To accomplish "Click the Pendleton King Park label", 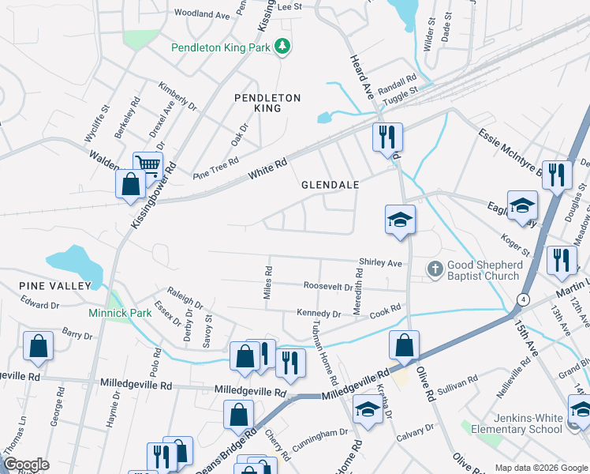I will coord(221,47).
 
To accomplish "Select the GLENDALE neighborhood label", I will coord(330,184).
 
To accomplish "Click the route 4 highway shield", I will coord(523,299).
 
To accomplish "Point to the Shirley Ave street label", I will coord(380,262).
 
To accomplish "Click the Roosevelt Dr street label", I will coord(327,287).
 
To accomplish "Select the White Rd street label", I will coord(266,167).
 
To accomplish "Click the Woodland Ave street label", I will coord(201,13).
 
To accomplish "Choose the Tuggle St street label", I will coord(400,95).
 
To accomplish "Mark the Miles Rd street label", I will coord(268,282).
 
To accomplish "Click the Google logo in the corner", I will coord(26,465).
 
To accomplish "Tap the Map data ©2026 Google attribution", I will coord(541,468).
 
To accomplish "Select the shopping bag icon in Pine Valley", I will coord(38,347).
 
